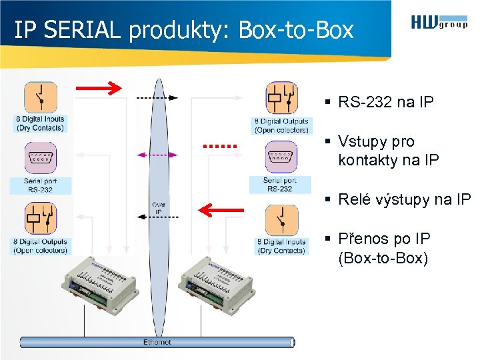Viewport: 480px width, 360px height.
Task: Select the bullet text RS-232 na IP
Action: click(x=385, y=102)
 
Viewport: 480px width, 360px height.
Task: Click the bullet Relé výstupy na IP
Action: click(x=404, y=199)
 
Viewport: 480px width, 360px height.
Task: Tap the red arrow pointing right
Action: click(x=98, y=87)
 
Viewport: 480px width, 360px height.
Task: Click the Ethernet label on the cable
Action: click(x=157, y=342)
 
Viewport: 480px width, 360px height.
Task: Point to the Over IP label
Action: click(x=159, y=208)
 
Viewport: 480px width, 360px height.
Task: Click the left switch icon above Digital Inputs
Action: click(x=40, y=97)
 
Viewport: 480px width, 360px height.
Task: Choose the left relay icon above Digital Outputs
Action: click(x=40, y=219)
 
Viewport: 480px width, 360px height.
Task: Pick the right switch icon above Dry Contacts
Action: click(x=281, y=220)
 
